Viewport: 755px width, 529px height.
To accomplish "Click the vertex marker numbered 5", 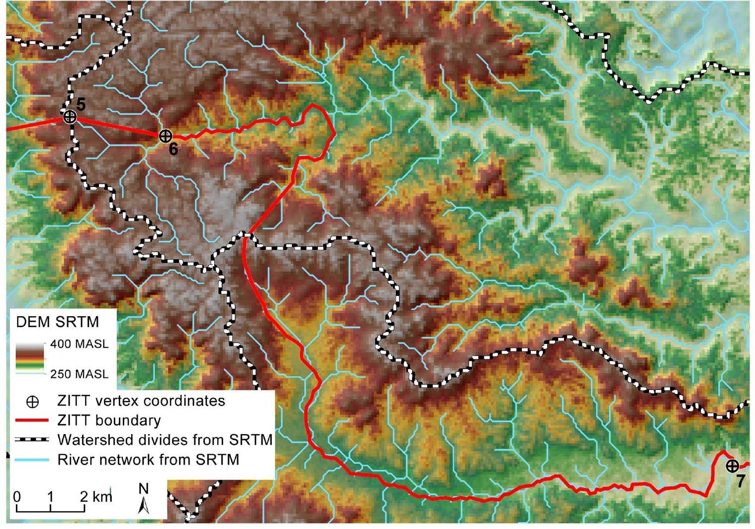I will point(70,117).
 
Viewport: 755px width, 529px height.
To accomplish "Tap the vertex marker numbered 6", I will point(166,135).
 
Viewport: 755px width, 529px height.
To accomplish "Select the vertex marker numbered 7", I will point(732,466).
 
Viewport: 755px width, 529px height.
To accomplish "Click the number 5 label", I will point(81,104).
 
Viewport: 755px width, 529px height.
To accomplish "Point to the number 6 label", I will point(173,149).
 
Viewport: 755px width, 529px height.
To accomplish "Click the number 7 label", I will point(741,481).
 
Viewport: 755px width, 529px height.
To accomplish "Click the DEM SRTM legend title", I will point(58,322).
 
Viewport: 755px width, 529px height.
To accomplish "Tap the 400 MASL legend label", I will point(80,344).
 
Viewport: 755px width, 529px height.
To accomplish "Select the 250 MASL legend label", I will point(80,374).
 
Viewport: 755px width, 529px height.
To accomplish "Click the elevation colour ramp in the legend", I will point(31,357).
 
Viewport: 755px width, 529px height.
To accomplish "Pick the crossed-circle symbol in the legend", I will point(32,402).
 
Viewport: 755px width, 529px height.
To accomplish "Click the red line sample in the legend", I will point(32,421).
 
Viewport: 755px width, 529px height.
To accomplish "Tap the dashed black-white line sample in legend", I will point(32,440).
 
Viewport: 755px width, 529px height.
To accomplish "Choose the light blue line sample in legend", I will point(32,460).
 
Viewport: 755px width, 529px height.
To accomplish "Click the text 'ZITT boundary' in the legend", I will point(109,421).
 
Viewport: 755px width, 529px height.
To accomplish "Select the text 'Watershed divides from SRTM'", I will point(165,440).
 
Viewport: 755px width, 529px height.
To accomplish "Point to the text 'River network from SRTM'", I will point(148,460).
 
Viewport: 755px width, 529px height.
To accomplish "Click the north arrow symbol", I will point(144,500).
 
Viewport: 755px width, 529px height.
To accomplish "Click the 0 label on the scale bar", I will point(17,497).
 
